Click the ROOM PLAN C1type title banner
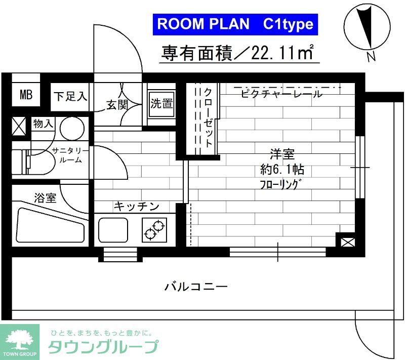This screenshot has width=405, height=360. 235,24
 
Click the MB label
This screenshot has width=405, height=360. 25,95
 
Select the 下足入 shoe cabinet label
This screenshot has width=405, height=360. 70,95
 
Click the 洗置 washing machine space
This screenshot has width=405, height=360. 161,104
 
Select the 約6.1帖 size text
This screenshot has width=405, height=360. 281,169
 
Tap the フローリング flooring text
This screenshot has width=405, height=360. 281,183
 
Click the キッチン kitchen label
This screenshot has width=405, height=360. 136,206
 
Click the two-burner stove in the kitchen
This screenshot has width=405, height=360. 155,229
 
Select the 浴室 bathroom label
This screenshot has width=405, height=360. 45,198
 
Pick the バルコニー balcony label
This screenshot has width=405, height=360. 196,287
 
